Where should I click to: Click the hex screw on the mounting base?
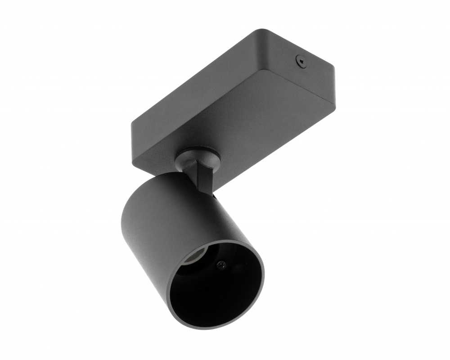tap(300, 60)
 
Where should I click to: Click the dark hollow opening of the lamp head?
tap(216, 288)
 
